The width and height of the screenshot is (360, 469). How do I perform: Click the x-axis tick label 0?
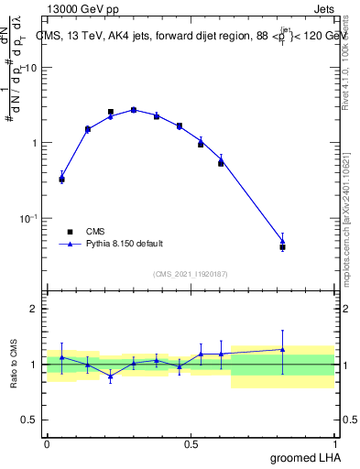47,443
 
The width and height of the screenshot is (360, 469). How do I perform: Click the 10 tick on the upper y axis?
30,68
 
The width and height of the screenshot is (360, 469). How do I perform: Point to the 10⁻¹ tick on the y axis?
27,218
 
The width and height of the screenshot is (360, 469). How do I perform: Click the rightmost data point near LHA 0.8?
282,246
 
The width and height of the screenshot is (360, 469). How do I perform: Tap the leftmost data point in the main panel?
61,180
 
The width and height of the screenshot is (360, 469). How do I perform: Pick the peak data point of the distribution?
133,110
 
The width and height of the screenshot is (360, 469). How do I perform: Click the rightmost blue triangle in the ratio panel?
282,349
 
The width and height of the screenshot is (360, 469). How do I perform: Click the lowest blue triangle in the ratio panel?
111,376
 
